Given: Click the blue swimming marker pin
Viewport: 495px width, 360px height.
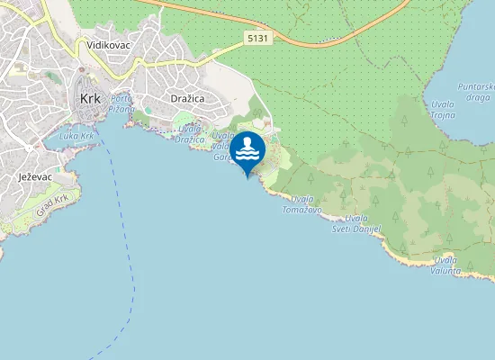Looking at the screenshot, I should (247, 149).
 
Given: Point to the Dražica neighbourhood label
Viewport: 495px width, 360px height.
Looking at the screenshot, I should (188, 97).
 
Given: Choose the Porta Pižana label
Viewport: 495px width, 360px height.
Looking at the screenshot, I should (121, 103).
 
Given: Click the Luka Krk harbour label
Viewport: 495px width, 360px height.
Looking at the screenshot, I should (76, 137).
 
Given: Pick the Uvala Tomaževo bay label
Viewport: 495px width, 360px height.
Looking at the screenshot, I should (302, 203).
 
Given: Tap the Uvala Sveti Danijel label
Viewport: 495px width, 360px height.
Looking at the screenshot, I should (364, 224).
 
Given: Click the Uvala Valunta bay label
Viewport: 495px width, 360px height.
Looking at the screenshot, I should (445, 265).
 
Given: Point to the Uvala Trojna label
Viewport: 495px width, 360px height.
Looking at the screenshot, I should (443, 110).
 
